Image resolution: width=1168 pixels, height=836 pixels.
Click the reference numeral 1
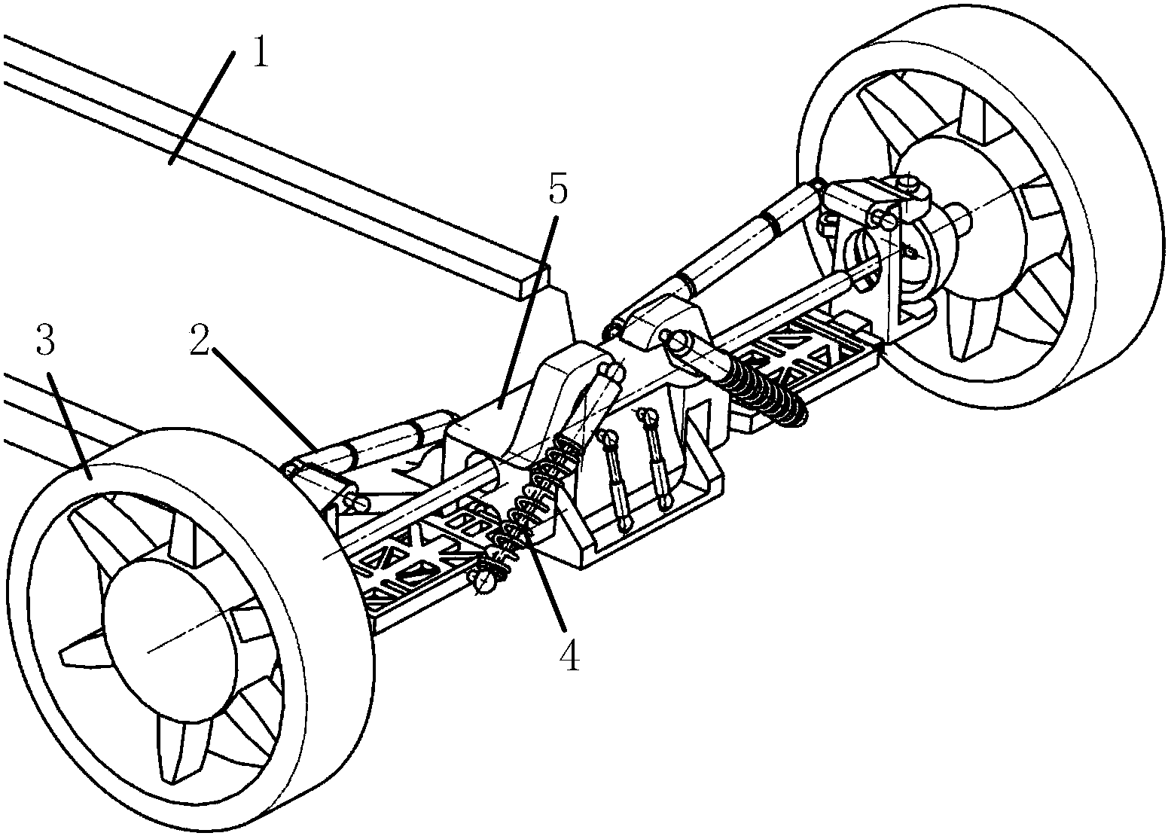(x=259, y=53)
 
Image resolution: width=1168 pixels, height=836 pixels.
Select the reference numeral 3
(x=45, y=343)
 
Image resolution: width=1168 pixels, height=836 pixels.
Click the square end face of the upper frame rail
(x=530, y=281)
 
